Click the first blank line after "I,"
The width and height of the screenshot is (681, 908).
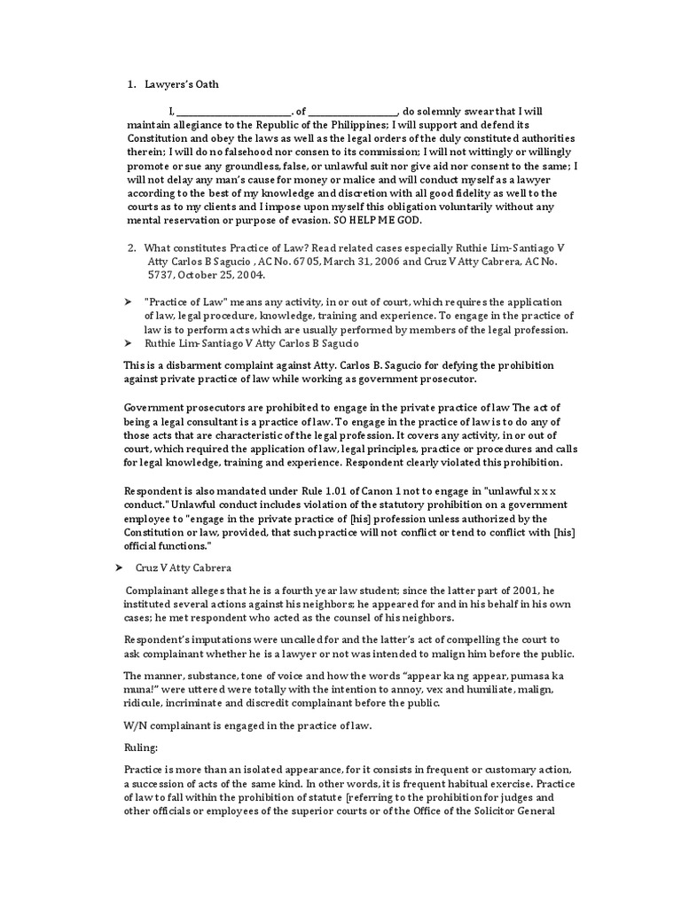tap(235, 113)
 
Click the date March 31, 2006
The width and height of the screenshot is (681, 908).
tap(408, 262)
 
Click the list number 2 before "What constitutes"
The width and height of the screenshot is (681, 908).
tap(131, 248)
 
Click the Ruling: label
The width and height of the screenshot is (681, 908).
tap(139, 747)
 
